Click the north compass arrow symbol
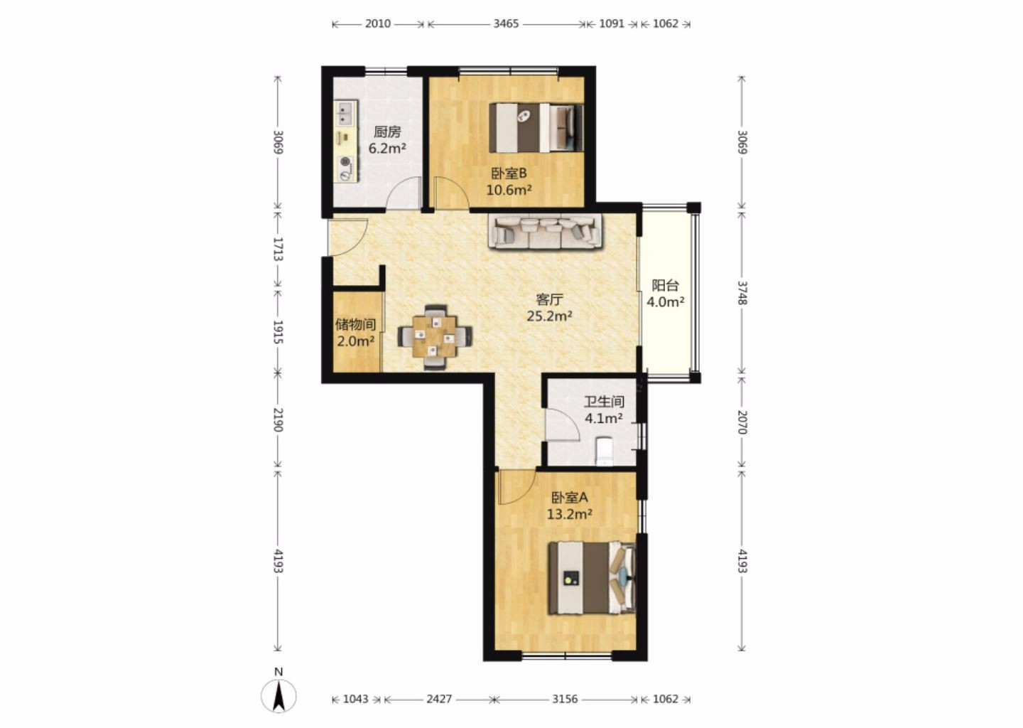278,695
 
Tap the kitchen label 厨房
387,132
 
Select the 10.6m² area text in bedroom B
509,190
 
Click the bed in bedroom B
536,127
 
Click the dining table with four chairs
435,337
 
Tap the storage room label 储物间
355,324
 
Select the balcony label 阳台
665,285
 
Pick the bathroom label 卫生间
604,402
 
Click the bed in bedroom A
592,578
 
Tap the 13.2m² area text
570,514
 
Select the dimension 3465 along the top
506,23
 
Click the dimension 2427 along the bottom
439,699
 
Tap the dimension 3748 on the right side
742,293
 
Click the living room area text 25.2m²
549,316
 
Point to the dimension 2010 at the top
377,23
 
